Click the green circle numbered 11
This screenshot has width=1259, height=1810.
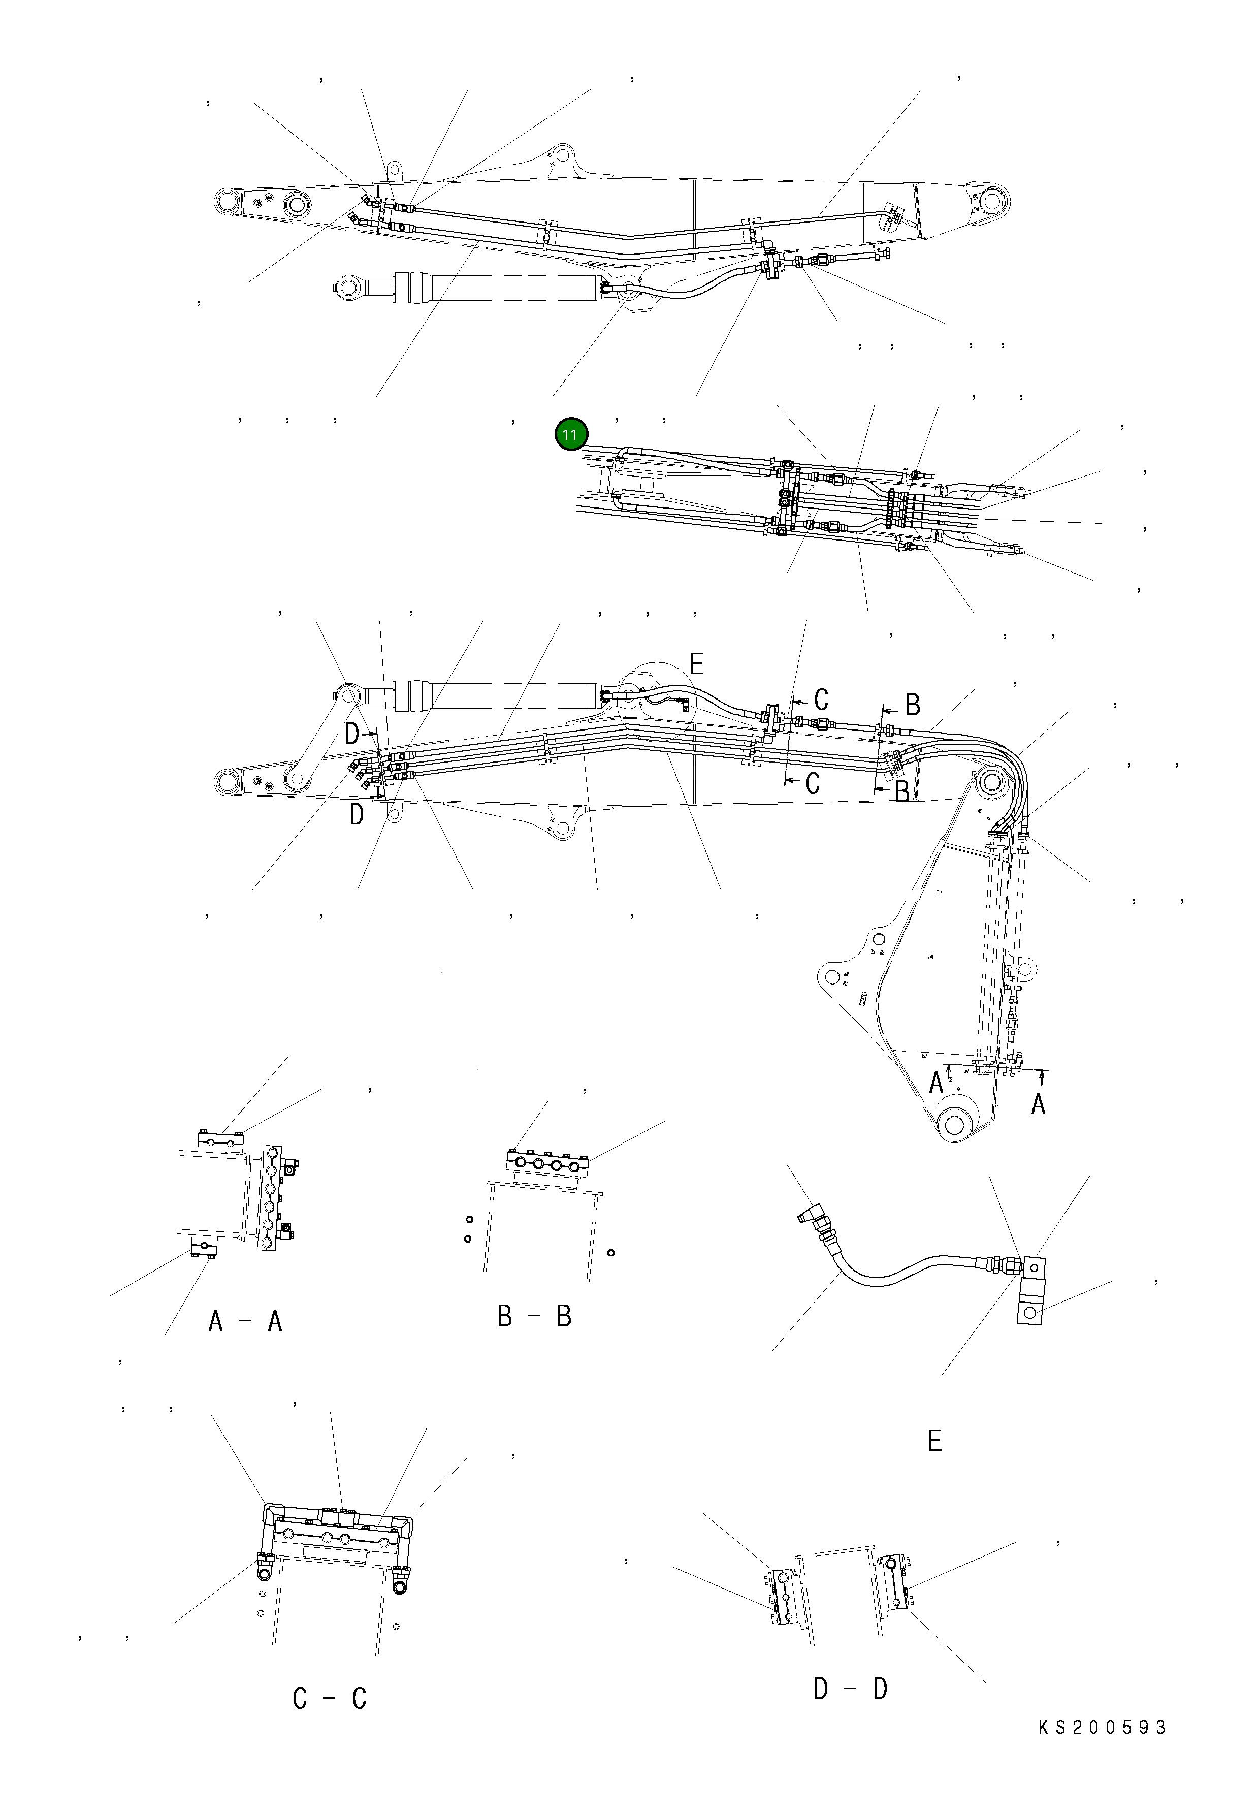click(570, 434)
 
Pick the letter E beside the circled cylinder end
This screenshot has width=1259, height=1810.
click(696, 664)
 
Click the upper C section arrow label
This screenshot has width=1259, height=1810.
click(821, 699)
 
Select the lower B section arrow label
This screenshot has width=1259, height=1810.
click(901, 791)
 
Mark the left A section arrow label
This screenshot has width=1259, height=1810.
click(936, 1083)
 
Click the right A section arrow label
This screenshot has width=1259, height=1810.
click(1038, 1104)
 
